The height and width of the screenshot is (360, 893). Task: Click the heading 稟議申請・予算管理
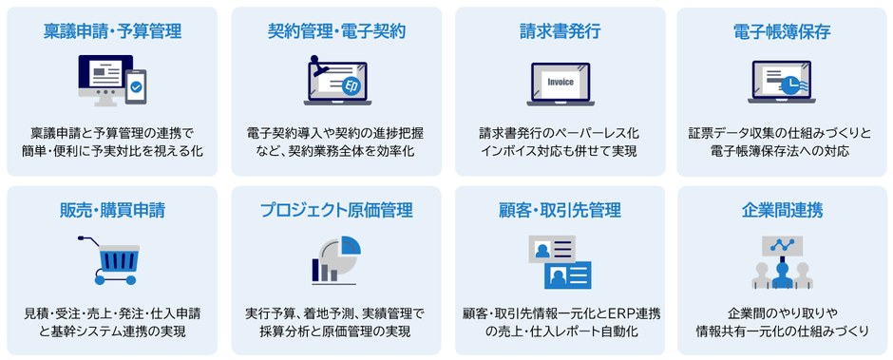(x=112, y=32)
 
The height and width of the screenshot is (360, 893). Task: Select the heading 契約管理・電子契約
(x=336, y=32)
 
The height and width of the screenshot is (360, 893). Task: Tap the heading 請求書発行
(x=560, y=32)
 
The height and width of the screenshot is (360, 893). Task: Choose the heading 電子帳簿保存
(x=782, y=32)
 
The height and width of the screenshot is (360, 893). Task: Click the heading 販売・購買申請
(x=112, y=210)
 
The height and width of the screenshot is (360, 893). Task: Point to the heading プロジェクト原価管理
(x=336, y=210)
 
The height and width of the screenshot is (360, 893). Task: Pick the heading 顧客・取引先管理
(x=560, y=210)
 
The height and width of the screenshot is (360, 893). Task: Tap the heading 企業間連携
(x=782, y=210)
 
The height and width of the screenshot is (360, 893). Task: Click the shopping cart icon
(x=111, y=259)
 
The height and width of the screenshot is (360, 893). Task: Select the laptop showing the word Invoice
(x=560, y=84)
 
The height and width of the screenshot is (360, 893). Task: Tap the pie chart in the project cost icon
(x=346, y=250)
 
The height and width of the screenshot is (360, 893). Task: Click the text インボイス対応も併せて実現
(x=560, y=150)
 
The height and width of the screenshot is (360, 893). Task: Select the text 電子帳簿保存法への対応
(x=782, y=150)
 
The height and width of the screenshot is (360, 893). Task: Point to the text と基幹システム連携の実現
(x=112, y=331)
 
